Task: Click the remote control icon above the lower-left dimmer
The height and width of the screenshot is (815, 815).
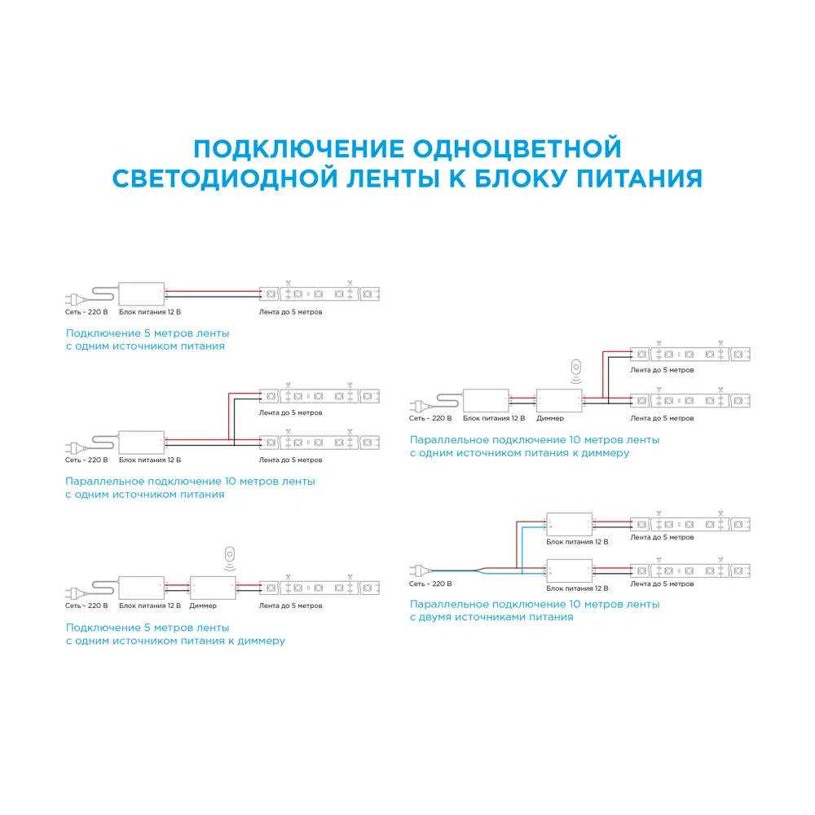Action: [230, 558]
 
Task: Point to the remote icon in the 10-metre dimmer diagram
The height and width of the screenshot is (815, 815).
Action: [576, 371]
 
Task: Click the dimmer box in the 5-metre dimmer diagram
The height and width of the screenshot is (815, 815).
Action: [213, 588]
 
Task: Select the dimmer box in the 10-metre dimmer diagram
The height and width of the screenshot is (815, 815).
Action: [559, 400]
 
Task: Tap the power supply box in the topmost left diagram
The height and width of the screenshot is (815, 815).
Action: [141, 294]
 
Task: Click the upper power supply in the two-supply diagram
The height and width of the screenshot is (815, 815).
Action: [569, 524]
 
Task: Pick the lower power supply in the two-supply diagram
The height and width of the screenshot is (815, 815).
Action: [569, 570]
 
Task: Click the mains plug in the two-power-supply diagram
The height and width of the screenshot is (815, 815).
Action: [421, 570]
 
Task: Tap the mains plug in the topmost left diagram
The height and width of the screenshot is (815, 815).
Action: [76, 299]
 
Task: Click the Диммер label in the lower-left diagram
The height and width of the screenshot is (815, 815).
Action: [203, 606]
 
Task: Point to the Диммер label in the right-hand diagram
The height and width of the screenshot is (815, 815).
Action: [550, 418]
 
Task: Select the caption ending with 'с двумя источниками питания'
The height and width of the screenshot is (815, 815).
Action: [535, 610]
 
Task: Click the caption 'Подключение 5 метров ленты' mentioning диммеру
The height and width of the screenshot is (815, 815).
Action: [175, 634]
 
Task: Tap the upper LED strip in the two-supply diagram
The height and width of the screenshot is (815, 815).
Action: [690, 524]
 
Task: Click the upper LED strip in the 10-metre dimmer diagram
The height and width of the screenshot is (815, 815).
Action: [690, 355]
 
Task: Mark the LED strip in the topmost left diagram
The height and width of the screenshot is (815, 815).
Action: [319, 294]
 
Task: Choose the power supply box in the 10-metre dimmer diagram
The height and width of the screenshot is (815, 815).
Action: [486, 400]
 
